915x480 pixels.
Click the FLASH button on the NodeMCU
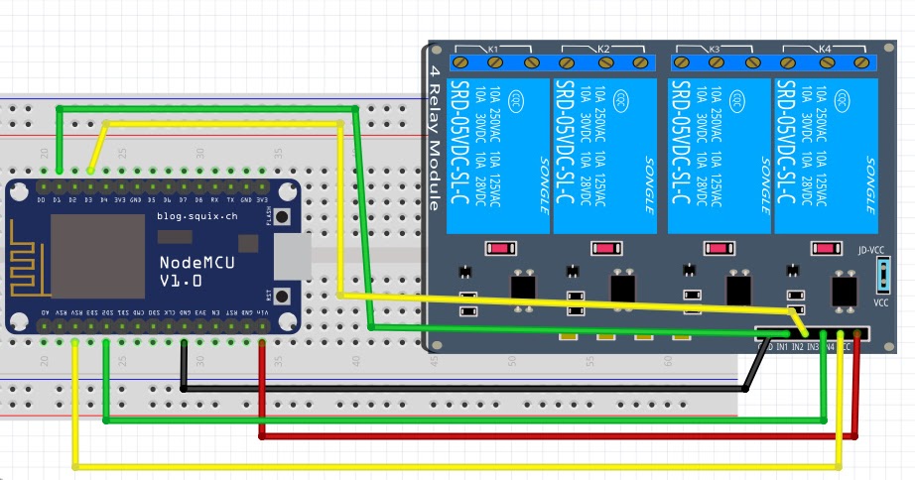point(283,217)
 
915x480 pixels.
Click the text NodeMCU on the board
point(193,263)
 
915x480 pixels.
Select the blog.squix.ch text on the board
point(197,216)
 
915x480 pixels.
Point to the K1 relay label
point(492,49)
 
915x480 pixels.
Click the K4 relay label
point(824,49)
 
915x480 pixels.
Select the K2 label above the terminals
point(602,49)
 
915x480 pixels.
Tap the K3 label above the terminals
point(714,49)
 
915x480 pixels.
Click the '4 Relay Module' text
point(435,139)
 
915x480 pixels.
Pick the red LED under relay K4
point(826,248)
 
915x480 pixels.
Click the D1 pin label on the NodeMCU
point(58,199)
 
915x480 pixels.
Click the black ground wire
point(447,389)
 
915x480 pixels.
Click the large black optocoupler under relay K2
point(623,286)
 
